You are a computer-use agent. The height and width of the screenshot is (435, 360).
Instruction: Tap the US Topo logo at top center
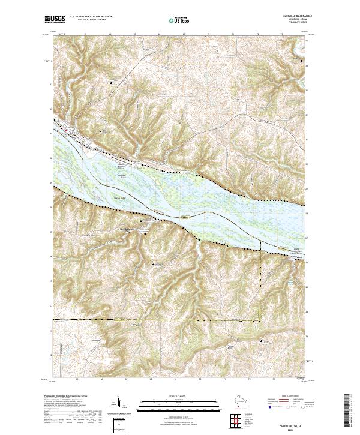[174, 20]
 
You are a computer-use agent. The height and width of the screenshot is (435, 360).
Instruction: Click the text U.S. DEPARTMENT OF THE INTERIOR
[92, 16]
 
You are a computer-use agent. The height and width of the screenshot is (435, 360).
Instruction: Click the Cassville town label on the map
[70, 127]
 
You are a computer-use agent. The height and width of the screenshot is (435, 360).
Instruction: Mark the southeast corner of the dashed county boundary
[260, 319]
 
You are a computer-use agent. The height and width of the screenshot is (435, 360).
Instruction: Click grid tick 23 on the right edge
[307, 338]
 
